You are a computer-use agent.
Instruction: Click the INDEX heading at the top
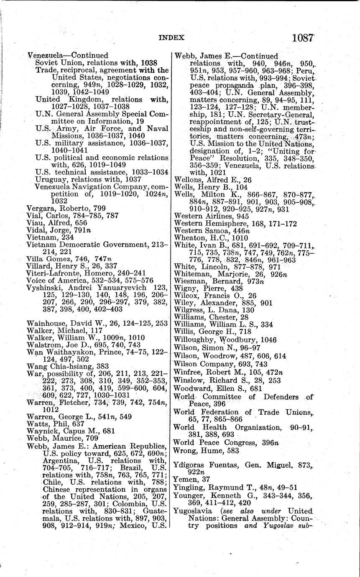(171, 38)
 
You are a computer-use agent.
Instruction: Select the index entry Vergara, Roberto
(66, 208)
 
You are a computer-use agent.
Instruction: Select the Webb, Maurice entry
(62, 438)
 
